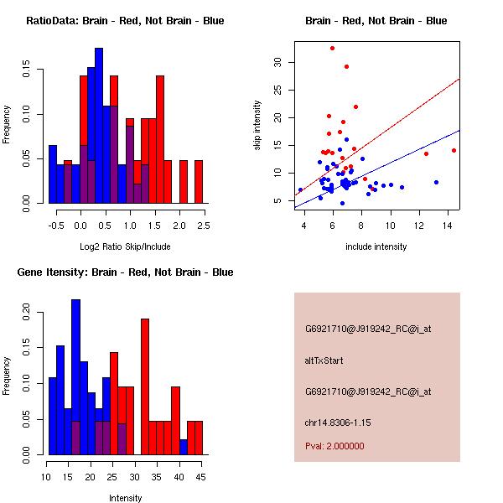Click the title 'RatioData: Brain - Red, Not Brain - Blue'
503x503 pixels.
click(x=125, y=21)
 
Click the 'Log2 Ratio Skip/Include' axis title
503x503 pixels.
click(x=125, y=246)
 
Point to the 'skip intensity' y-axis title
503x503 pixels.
click(x=258, y=125)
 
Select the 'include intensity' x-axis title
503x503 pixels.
click(x=376, y=246)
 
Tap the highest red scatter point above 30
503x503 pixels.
click(x=332, y=48)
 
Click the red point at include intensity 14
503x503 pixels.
click(x=454, y=150)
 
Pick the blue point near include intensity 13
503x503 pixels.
click(x=436, y=182)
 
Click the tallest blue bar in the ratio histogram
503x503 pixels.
click(x=99, y=126)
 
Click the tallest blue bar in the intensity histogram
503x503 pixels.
click(x=76, y=377)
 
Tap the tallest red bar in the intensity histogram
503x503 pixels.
click(x=145, y=386)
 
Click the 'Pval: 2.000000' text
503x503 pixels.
click(x=334, y=446)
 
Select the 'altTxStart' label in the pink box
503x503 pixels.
click(x=325, y=360)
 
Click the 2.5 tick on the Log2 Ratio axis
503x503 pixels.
click(x=205, y=226)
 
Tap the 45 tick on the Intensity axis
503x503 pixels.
click(x=199, y=477)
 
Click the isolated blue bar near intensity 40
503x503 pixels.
click(x=184, y=447)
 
